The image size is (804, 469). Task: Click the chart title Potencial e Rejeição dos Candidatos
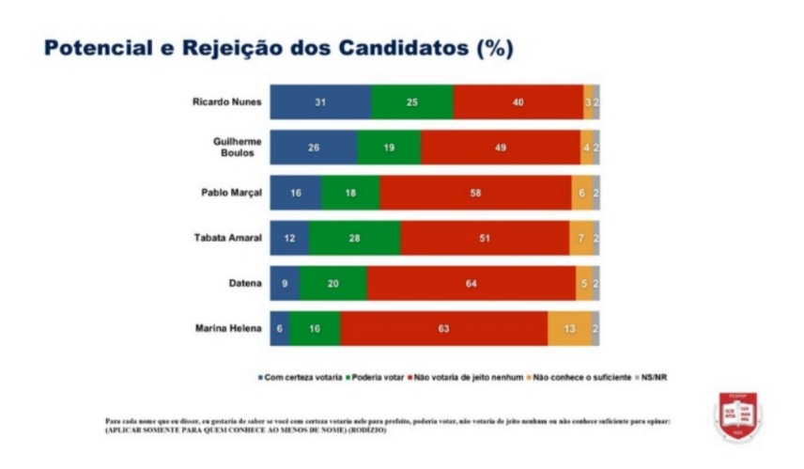click(279, 49)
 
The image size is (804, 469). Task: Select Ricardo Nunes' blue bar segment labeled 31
click(320, 102)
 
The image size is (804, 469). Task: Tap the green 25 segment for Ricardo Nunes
click(411, 102)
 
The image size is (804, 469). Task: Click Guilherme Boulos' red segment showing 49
click(501, 148)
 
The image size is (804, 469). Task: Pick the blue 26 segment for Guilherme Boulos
click(313, 148)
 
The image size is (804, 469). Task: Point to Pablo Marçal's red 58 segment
click(475, 193)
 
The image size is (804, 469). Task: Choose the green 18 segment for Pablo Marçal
click(350, 193)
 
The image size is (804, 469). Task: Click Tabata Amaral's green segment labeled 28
click(353, 238)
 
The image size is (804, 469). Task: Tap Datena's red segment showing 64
click(472, 283)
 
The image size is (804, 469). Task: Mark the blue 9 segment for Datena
click(285, 283)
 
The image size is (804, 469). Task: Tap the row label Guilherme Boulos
click(235, 148)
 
